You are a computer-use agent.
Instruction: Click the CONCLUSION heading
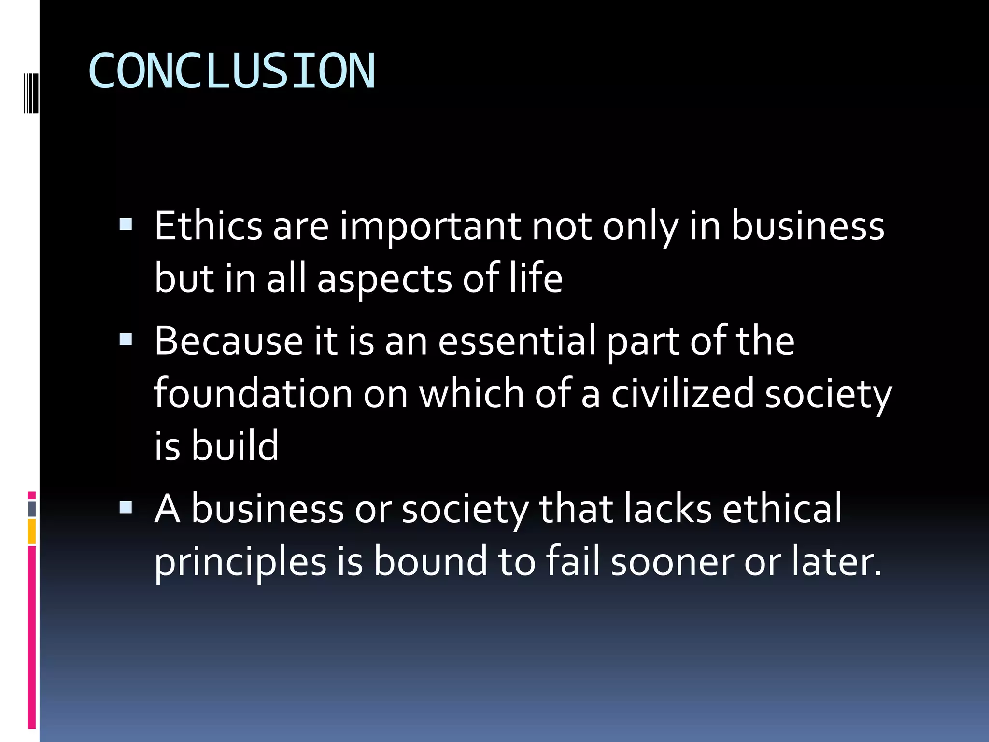coord(232,71)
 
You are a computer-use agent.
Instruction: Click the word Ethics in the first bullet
coord(208,226)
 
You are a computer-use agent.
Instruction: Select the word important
coord(430,226)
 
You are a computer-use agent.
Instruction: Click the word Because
coord(228,341)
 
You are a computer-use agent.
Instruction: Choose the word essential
coord(517,341)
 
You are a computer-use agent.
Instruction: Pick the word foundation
coord(253,394)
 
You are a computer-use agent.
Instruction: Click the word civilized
coord(682,394)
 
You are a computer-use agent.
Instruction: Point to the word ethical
coord(782,509)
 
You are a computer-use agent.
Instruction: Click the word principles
coord(240,562)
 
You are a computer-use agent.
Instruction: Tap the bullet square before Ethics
coord(126,225)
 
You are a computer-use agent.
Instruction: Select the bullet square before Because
coord(126,340)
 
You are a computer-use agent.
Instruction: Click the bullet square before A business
coord(126,507)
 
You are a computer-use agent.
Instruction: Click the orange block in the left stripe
coord(32,531)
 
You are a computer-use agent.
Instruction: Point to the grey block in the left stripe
coord(32,509)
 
